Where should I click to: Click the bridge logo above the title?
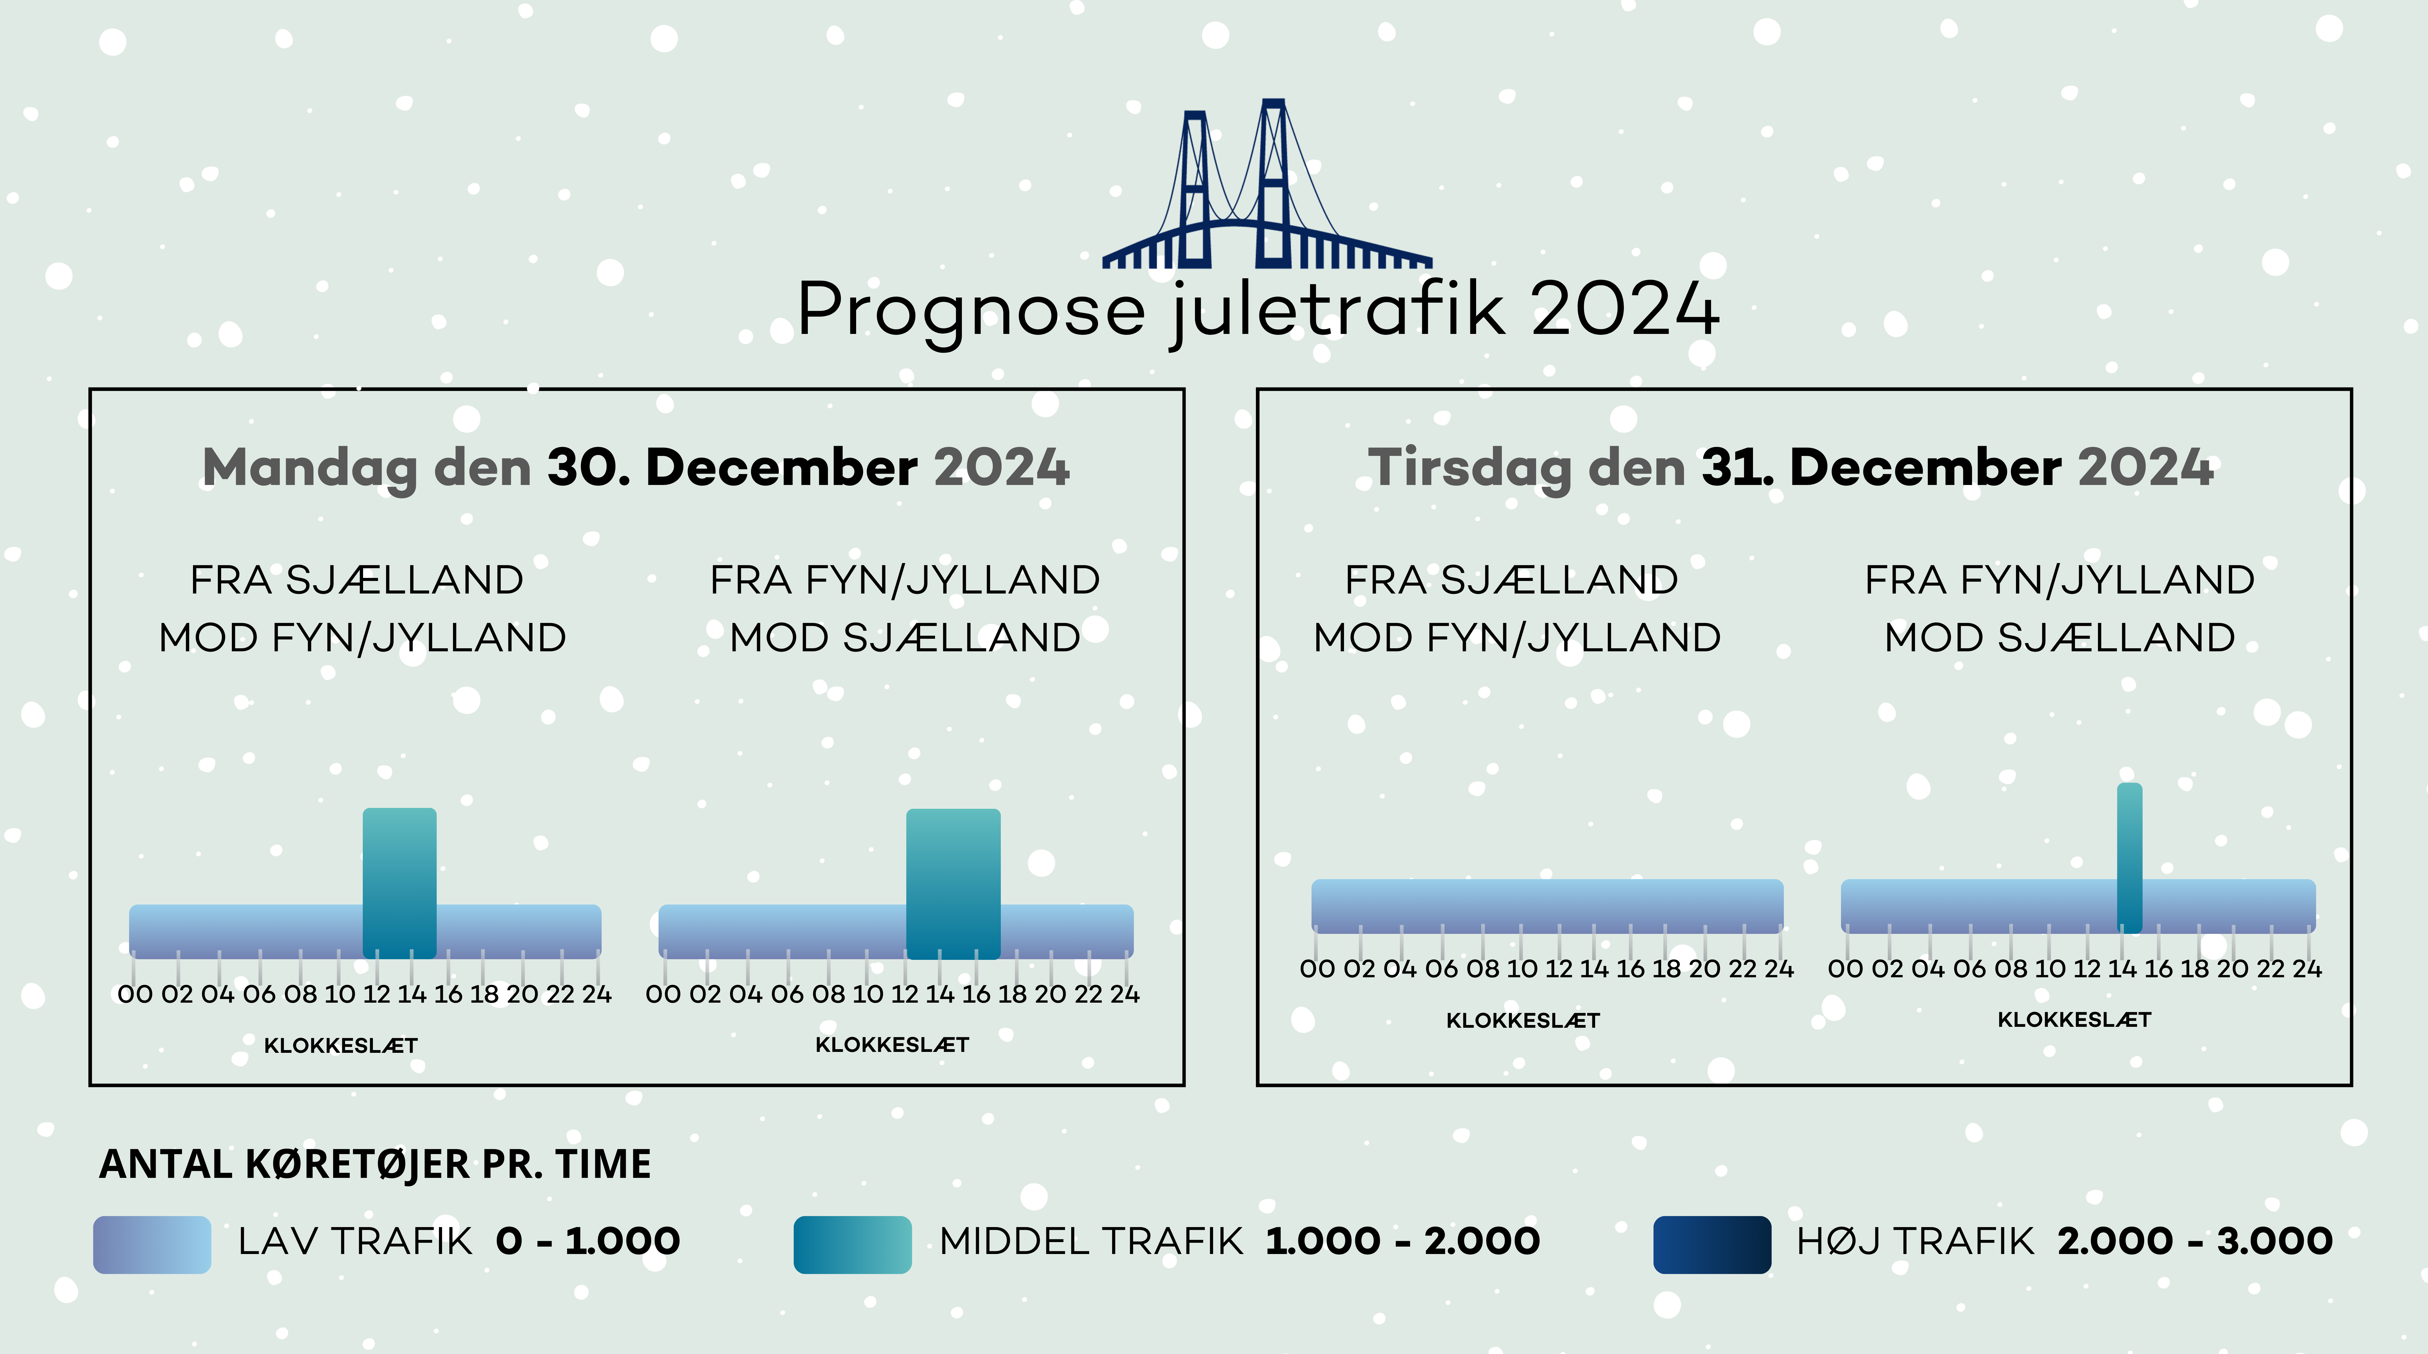click(1268, 184)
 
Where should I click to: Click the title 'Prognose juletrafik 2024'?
click(1258, 310)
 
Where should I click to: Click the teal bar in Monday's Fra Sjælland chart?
click(400, 883)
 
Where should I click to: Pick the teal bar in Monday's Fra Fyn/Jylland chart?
click(953, 884)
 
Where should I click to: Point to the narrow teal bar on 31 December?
click(2129, 857)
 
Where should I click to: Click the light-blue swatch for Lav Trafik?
click(152, 1245)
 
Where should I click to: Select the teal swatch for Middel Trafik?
click(852, 1245)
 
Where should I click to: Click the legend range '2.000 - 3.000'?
click(2195, 1241)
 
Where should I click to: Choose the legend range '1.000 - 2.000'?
click(1402, 1241)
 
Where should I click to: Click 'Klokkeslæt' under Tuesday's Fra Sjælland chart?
click(1523, 1020)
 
